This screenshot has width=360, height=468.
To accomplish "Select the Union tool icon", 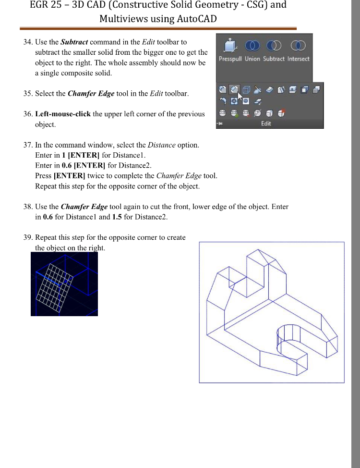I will tap(252, 46).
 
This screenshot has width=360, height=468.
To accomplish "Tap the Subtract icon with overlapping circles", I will tap(274, 46).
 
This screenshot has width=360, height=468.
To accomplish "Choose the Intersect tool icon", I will tap(299, 46).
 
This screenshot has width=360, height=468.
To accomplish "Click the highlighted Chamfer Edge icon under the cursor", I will tap(234, 89).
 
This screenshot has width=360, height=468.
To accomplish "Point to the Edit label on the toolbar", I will tap(266, 123).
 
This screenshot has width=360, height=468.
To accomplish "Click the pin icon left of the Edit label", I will tap(220, 123).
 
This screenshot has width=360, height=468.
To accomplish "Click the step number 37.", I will tap(27, 145).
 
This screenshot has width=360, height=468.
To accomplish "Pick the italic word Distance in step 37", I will tap(161, 145).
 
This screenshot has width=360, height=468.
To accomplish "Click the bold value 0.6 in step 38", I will tap(48, 217).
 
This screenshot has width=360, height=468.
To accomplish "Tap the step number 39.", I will tap(27, 237).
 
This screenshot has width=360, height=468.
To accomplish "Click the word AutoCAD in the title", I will tap(193, 19).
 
